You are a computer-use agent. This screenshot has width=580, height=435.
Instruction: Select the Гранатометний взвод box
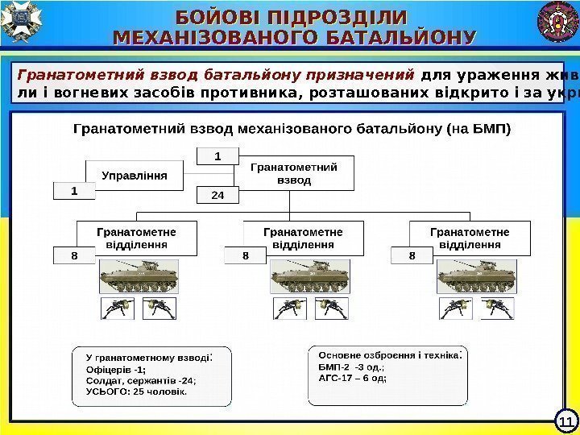[293, 173]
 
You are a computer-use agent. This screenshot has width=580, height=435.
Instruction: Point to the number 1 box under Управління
[74, 192]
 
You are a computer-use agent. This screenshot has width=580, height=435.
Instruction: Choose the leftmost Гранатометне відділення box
[137, 238]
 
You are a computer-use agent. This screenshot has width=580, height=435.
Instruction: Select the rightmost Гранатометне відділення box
[470, 238]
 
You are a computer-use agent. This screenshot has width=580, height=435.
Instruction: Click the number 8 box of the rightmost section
[411, 256]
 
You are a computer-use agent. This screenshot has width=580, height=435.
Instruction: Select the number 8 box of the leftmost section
[74, 256]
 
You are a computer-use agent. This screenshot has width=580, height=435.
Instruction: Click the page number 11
[565, 421]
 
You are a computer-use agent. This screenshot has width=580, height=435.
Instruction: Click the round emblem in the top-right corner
[558, 22]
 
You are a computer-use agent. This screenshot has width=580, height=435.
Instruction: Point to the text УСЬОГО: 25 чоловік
[135, 392]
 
